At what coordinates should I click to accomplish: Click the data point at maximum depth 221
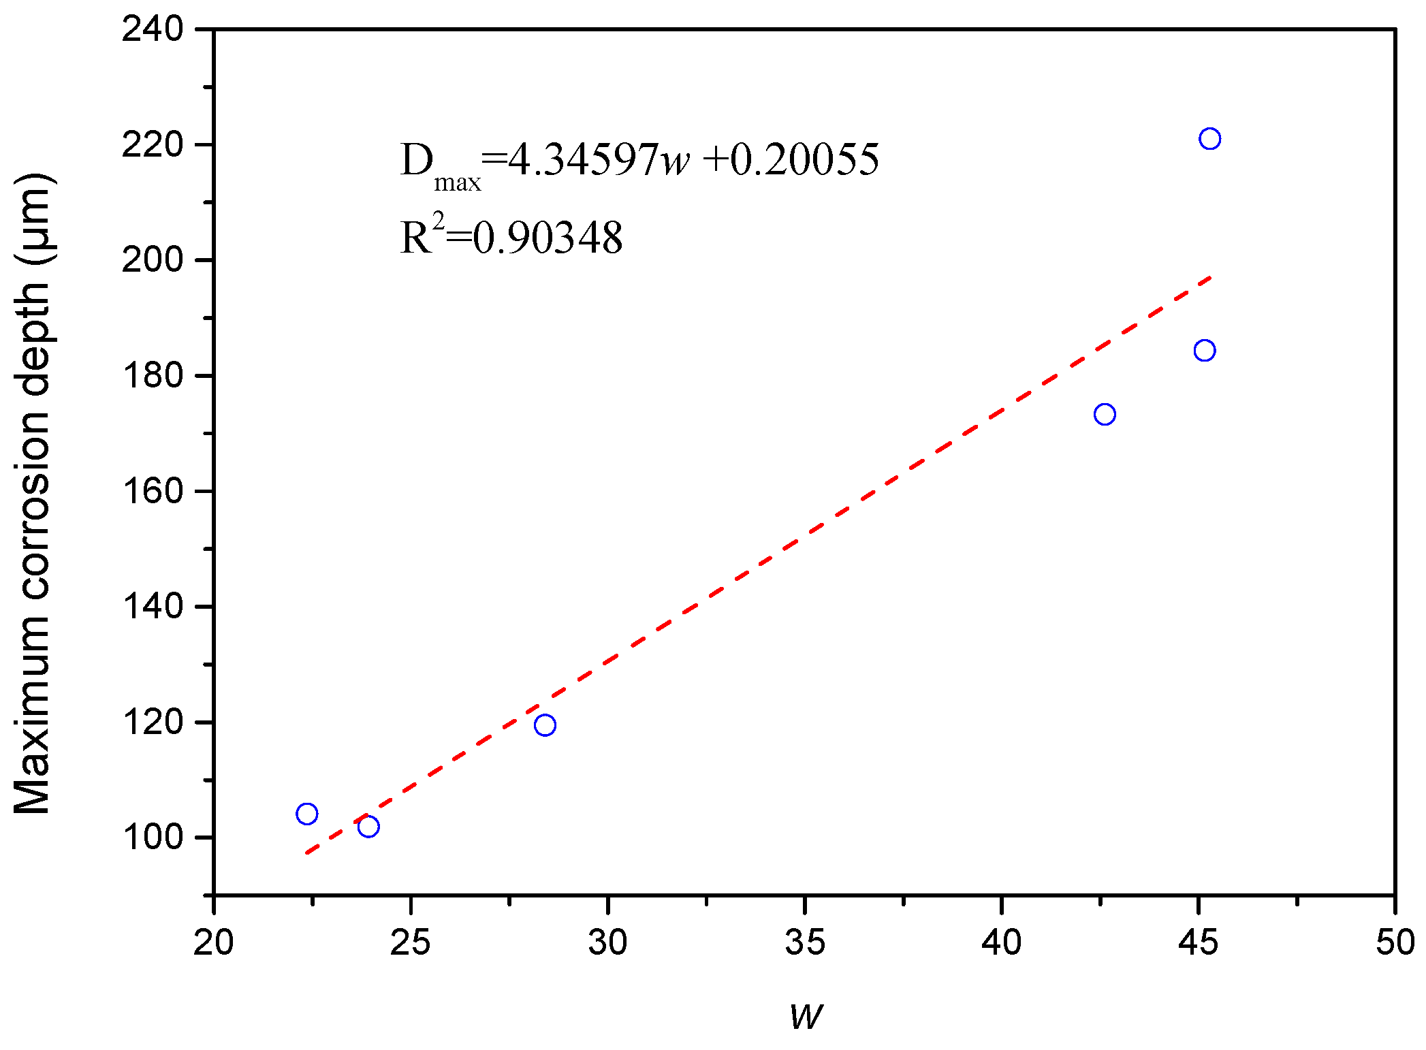click(x=1209, y=139)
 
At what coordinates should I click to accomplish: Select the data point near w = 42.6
click(x=1105, y=414)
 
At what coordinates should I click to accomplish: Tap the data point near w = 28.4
click(x=545, y=725)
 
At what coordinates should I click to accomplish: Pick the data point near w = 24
click(x=368, y=827)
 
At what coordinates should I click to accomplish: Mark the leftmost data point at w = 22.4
click(x=307, y=814)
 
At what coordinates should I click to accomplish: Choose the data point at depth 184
click(x=1205, y=351)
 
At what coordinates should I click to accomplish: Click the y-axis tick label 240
click(x=153, y=30)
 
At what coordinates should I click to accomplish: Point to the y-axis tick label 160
click(x=153, y=492)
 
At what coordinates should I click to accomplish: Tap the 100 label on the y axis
click(x=153, y=838)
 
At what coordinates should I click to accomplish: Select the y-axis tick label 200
click(x=153, y=261)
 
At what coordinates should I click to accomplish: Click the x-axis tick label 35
click(x=805, y=943)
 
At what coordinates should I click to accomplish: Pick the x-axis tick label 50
click(x=1395, y=943)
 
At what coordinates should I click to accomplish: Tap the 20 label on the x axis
click(x=214, y=943)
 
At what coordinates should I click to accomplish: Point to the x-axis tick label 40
click(x=1002, y=943)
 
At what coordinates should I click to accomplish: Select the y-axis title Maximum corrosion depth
click(x=33, y=493)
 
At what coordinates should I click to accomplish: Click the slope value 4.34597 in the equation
click(x=583, y=161)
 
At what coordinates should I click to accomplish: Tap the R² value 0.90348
click(x=548, y=239)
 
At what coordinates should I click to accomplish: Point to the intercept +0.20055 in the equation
click(x=791, y=161)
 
